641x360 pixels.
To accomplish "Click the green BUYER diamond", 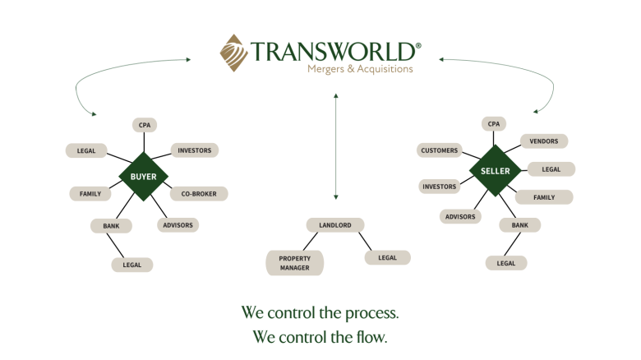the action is [144, 177].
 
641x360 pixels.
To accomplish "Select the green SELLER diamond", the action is [495, 171].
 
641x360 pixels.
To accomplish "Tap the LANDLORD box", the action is [335, 225].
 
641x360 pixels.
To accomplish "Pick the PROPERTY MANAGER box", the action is [295, 263].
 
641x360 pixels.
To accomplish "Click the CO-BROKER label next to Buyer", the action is [199, 194].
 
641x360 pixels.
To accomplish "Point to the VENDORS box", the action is [544, 141].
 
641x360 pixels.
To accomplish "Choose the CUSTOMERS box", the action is [440, 150].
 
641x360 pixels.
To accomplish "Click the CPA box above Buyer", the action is [145, 125].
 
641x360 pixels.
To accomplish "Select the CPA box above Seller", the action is [494, 123].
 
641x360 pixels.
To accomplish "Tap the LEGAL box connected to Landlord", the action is [388, 258].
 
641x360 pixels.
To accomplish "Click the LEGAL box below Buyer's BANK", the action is [132, 265].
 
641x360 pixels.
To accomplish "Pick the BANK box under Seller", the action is [520, 225].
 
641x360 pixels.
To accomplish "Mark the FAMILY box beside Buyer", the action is [90, 194].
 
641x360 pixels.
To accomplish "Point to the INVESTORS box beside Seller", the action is [440, 187].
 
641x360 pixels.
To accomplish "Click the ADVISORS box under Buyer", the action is [178, 225].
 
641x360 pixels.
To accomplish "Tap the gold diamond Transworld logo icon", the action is [233, 53].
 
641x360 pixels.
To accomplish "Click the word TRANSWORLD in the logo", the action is [333, 51].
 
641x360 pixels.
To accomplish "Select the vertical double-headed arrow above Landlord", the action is [336, 146].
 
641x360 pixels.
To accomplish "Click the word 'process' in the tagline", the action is [372, 313].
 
